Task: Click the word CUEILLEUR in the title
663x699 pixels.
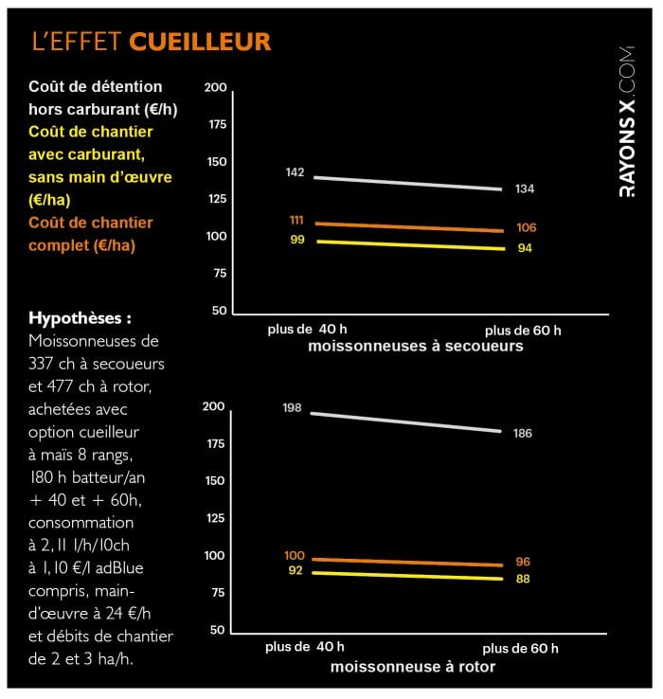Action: pyautogui.click(x=199, y=42)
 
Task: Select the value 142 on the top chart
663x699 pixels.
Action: pyautogui.click(x=295, y=172)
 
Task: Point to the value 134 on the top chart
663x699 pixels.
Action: pyautogui.click(x=525, y=189)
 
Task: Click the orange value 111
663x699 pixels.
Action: pyautogui.click(x=296, y=220)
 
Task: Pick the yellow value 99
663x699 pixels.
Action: pyautogui.click(x=296, y=240)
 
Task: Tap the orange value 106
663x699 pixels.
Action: pyautogui.click(x=527, y=228)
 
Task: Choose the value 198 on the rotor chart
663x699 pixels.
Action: pyautogui.click(x=292, y=407)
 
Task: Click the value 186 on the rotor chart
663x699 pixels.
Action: pyautogui.click(x=522, y=433)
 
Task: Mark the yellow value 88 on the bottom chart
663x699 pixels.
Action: pyautogui.click(x=523, y=579)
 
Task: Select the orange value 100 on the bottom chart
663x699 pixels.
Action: pyautogui.click(x=294, y=555)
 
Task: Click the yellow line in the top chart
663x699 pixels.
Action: pyautogui.click(x=407, y=245)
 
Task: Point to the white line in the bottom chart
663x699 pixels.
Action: pyautogui.click(x=407, y=421)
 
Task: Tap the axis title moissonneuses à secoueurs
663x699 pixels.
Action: pyautogui.click(x=415, y=347)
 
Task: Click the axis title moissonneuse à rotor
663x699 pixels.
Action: pyautogui.click(x=412, y=667)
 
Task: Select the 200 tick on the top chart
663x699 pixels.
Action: pyautogui.click(x=216, y=88)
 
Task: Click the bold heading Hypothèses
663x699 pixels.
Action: pyautogui.click(x=81, y=317)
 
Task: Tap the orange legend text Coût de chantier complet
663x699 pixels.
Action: pyautogui.click(x=91, y=234)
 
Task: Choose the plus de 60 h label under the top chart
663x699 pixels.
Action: pyautogui.click(x=522, y=331)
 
